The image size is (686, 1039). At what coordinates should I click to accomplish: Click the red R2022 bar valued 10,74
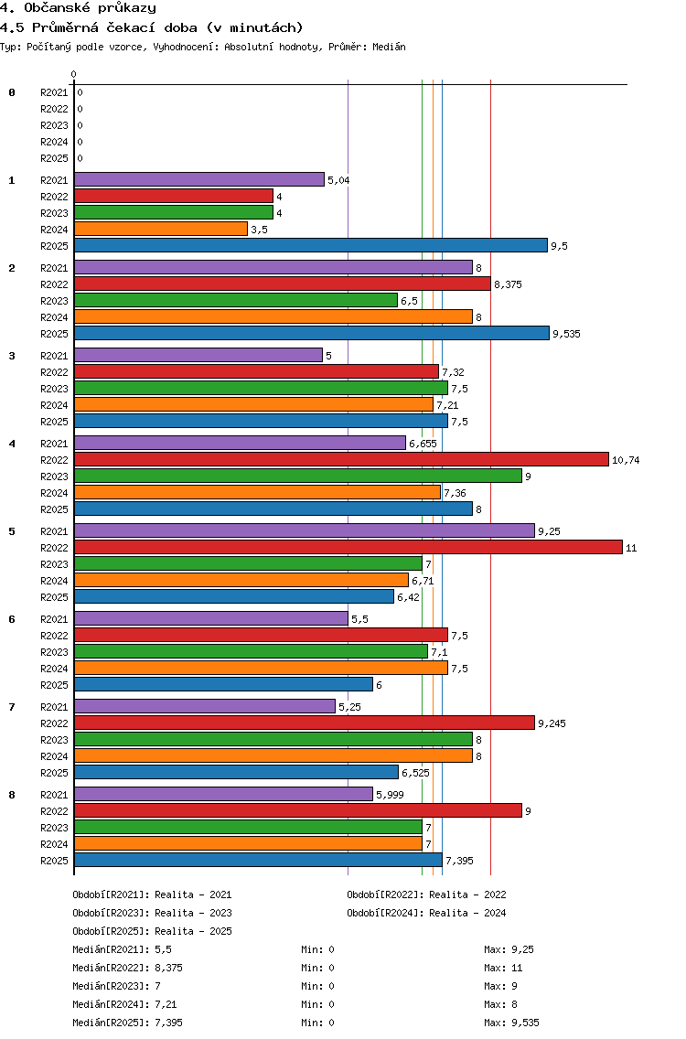pyautogui.click(x=341, y=459)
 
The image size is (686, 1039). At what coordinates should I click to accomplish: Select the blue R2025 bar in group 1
pyautogui.click(x=311, y=245)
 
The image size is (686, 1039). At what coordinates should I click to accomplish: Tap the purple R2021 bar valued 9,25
pyautogui.click(x=305, y=530)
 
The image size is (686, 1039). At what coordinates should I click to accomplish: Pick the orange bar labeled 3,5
pyautogui.click(x=161, y=230)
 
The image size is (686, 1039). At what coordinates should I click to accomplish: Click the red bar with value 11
pyautogui.click(x=348, y=547)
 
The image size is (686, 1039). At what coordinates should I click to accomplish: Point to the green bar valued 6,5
pyautogui.click(x=236, y=300)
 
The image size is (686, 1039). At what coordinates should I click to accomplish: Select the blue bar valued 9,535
pyautogui.click(x=312, y=333)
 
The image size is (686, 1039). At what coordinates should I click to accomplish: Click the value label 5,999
pyautogui.click(x=390, y=795)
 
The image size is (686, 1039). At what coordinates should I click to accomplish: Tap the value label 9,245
pyautogui.click(x=552, y=723)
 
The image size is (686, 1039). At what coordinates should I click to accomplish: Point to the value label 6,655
pyautogui.click(x=423, y=444)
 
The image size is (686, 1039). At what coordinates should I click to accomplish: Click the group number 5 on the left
pyautogui.click(x=12, y=531)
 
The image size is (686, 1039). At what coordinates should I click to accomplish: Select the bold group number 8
pyautogui.click(x=12, y=795)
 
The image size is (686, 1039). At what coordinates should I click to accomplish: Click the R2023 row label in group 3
pyautogui.click(x=54, y=389)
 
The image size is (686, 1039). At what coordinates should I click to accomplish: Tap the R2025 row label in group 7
pyautogui.click(x=54, y=773)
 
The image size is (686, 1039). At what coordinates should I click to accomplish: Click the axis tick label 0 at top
pyautogui.click(x=73, y=74)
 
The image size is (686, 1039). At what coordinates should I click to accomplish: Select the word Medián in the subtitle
pyautogui.click(x=389, y=47)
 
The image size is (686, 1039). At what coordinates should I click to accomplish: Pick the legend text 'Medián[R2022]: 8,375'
pyautogui.click(x=127, y=968)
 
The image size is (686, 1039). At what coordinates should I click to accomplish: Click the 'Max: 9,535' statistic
pyautogui.click(x=511, y=1023)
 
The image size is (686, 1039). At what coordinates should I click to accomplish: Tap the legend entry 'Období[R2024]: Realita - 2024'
pyautogui.click(x=426, y=913)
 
